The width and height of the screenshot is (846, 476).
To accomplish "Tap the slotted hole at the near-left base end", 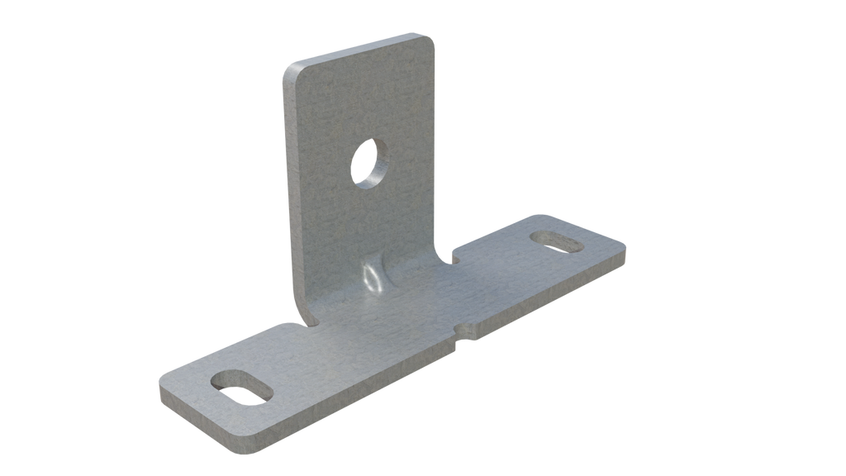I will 242,386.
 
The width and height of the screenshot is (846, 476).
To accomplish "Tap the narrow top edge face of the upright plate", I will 355,49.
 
